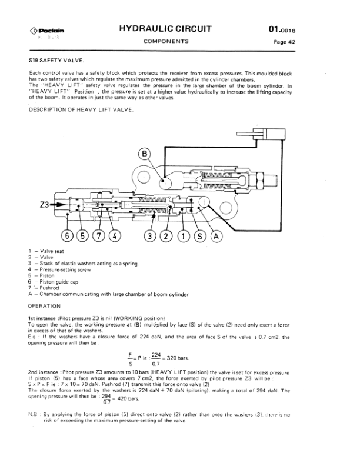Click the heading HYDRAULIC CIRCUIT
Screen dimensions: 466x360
point(165,29)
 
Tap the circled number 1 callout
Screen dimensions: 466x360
point(185,236)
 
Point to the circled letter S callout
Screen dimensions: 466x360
point(200,236)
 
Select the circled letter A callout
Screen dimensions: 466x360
point(215,236)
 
